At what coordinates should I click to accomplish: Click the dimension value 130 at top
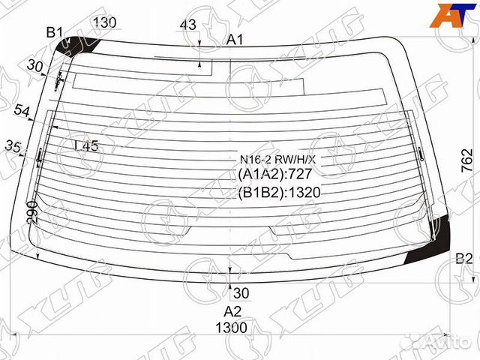pos(105,22)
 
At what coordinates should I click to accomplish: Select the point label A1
pos(235,40)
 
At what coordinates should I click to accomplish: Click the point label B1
pos(55,32)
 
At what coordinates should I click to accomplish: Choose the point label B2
pos(464,259)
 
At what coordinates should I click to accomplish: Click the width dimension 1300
pos(232,328)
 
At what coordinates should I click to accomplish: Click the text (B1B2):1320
pos(279,192)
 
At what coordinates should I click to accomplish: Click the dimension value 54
pos(22,112)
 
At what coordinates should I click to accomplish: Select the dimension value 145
pos(86,146)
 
